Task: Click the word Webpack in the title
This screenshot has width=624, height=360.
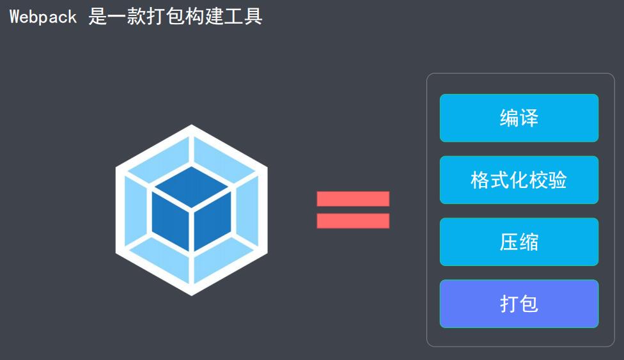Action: click(43, 17)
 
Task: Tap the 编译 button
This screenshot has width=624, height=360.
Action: click(519, 118)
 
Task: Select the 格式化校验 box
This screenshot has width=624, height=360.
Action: click(519, 180)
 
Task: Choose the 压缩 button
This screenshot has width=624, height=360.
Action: click(519, 242)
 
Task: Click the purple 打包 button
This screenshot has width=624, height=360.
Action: click(519, 304)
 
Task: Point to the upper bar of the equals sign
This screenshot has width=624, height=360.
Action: click(353, 199)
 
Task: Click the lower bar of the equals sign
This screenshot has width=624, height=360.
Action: click(353, 221)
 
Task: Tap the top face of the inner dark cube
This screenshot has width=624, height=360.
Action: click(191, 186)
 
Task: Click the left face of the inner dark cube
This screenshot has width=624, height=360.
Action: click(171, 221)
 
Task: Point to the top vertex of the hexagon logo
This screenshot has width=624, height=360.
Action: click(192, 127)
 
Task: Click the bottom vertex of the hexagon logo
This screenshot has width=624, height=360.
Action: click(192, 294)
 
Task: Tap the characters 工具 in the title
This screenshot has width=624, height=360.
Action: click(242, 17)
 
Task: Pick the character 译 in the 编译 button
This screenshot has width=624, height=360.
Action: click(529, 118)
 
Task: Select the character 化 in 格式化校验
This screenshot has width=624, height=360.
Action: click(519, 180)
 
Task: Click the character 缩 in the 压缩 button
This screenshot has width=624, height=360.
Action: click(529, 242)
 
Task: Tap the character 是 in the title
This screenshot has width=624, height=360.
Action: click(98, 17)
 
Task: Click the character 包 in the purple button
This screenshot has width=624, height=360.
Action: click(529, 304)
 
